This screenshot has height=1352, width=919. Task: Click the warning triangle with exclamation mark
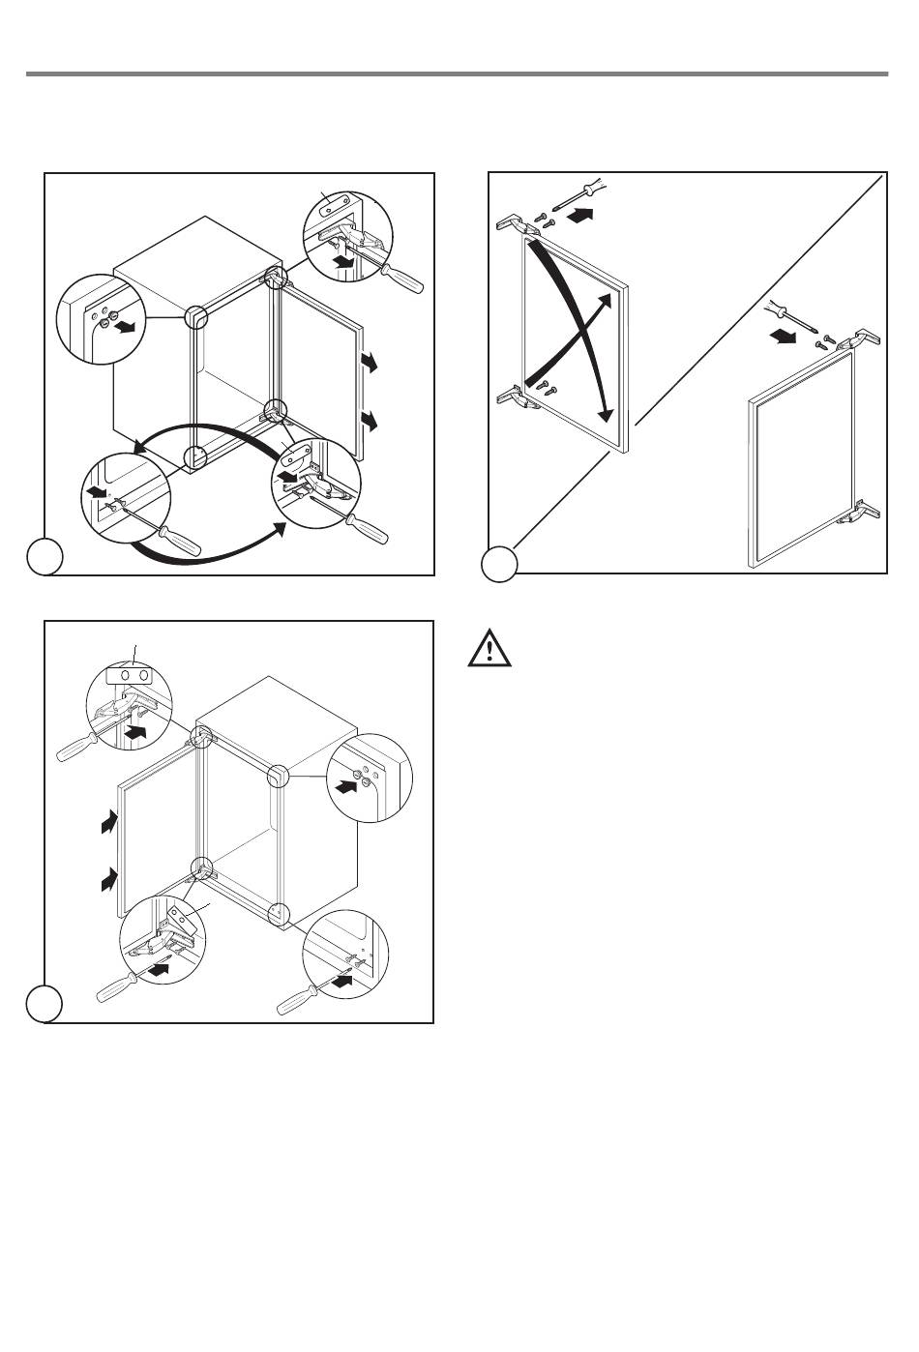(490, 649)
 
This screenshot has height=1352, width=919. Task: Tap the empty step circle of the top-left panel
(44, 558)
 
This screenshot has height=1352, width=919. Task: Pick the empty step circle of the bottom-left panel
(44, 1004)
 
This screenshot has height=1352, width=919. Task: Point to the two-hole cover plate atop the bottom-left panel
(134, 674)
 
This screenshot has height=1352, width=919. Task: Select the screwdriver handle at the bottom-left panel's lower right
(295, 1002)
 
